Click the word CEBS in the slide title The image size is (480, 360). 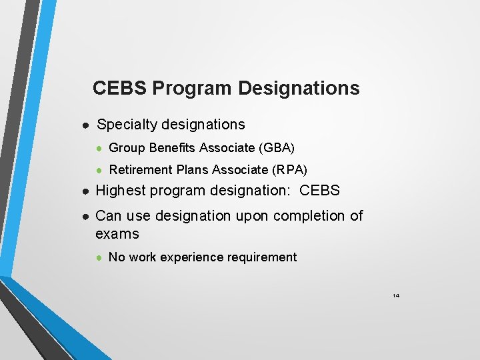pos(120,88)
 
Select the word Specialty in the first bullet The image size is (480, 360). pos(124,125)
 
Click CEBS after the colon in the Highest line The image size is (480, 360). pos(320,191)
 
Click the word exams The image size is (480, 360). pos(117,234)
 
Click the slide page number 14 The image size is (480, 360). pos(396,295)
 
